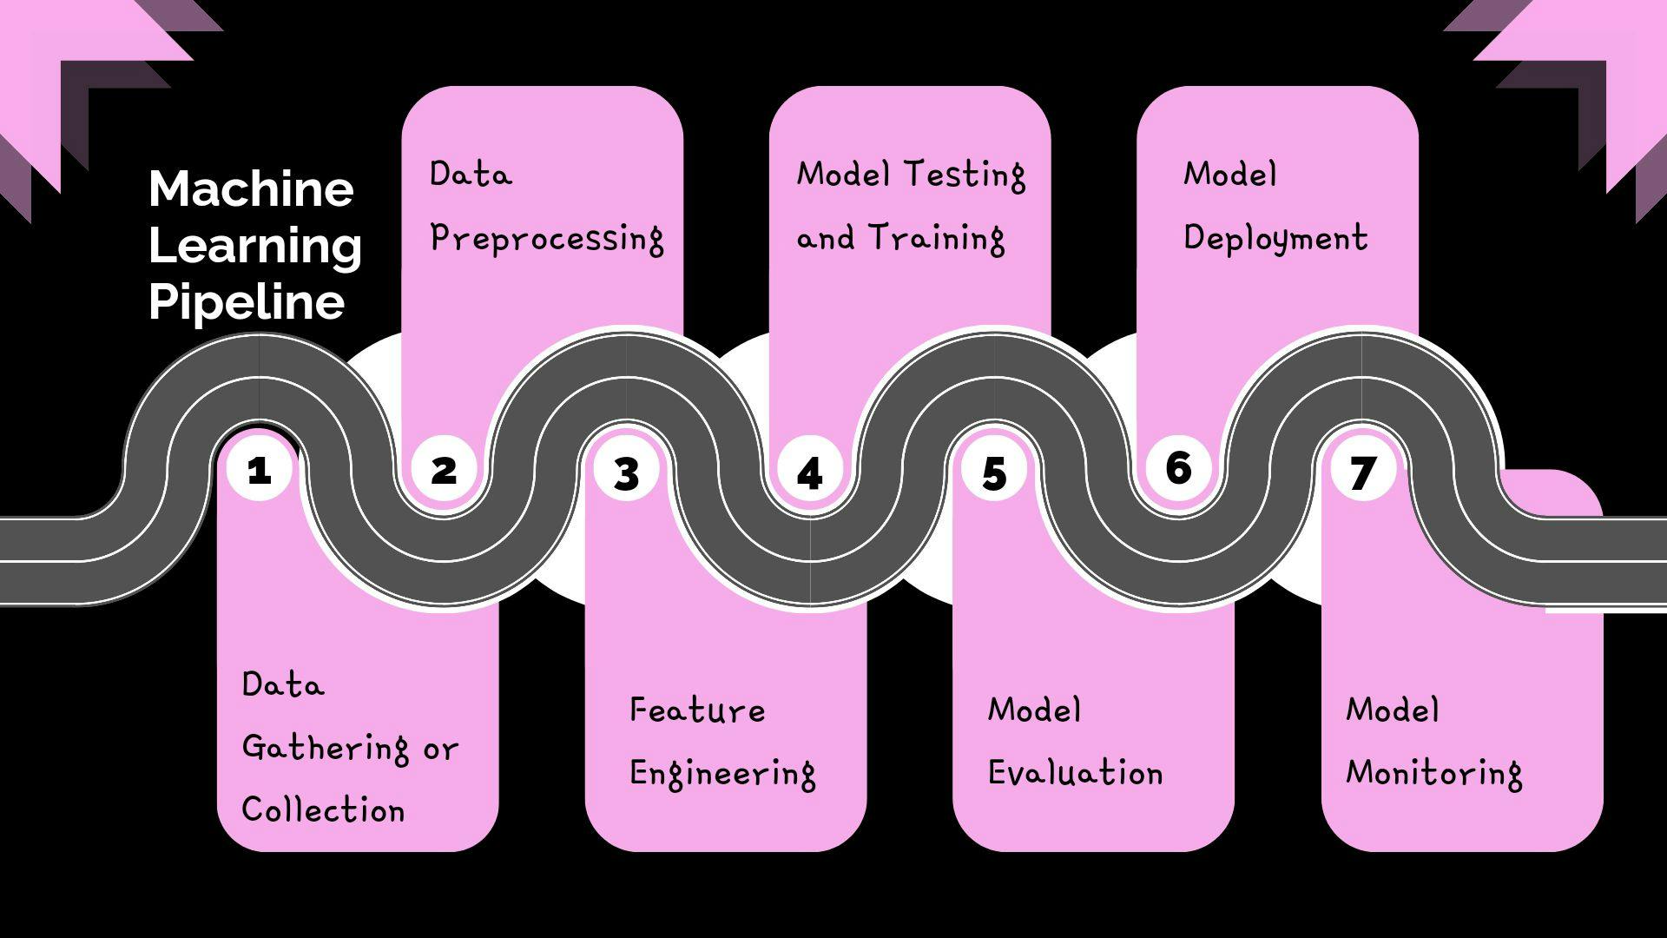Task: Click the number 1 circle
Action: point(259,470)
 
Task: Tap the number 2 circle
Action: point(444,470)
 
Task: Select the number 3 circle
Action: point(627,473)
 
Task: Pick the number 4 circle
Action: point(810,473)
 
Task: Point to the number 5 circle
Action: point(994,473)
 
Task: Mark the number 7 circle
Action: point(1362,472)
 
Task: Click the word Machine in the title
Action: point(251,188)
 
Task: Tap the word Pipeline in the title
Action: point(247,302)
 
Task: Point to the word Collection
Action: point(323,810)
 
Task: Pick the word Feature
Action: point(697,710)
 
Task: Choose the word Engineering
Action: point(722,774)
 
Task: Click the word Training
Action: point(937,238)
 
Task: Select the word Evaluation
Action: point(1075,773)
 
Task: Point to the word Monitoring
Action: point(1433,773)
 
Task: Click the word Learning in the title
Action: point(255,246)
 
